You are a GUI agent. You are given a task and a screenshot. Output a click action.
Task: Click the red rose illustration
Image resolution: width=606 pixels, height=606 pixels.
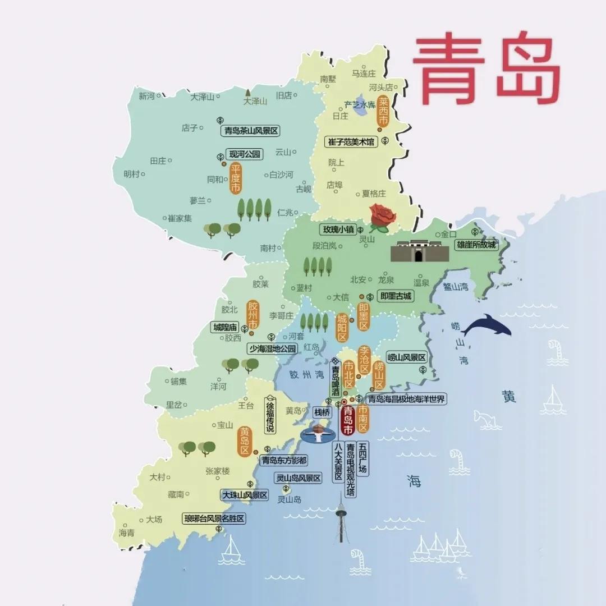[x=382, y=218]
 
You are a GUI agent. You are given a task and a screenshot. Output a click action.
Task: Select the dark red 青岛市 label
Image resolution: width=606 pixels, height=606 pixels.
[x=348, y=420]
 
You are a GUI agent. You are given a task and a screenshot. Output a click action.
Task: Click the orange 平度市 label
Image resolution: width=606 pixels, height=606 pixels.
[x=236, y=178]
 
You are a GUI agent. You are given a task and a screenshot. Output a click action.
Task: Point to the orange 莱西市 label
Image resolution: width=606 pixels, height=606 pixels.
[x=383, y=111]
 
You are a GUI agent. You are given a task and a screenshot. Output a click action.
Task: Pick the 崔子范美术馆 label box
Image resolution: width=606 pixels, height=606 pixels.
[x=352, y=142]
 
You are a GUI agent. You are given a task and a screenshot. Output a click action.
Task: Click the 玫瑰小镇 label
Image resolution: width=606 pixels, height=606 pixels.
[x=338, y=229]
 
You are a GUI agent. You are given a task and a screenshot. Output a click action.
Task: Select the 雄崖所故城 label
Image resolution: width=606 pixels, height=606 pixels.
[x=476, y=245]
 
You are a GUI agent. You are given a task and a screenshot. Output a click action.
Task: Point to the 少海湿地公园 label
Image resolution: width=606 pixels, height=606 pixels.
[x=272, y=348]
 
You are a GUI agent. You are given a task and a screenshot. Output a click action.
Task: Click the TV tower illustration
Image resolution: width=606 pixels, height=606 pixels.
[x=341, y=519]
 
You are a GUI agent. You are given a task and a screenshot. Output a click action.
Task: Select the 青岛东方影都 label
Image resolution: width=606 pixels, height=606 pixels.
[x=284, y=460]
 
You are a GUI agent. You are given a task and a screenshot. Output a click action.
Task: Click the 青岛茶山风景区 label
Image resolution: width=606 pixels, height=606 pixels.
[x=251, y=131]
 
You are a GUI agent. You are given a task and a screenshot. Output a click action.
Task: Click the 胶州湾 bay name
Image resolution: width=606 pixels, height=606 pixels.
[x=304, y=374]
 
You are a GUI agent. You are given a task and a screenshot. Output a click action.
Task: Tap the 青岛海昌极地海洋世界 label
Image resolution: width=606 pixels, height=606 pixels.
[x=406, y=399]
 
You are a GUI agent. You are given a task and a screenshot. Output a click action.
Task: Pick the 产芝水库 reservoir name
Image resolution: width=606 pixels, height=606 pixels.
[x=360, y=105]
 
